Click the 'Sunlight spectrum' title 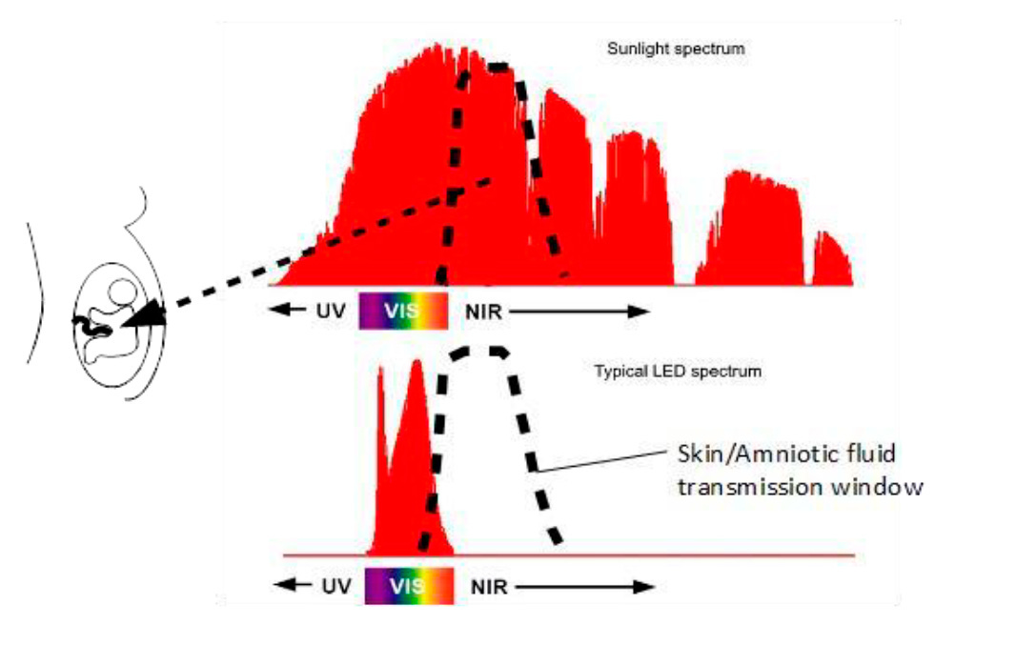click(675, 49)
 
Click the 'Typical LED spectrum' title click(678, 371)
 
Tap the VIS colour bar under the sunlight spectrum click(402, 311)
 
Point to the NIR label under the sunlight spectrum click(484, 312)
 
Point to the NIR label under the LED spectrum click(489, 587)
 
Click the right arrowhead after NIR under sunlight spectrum click(640, 312)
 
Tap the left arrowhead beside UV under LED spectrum click(284, 586)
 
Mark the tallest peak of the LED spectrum click(416, 363)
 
